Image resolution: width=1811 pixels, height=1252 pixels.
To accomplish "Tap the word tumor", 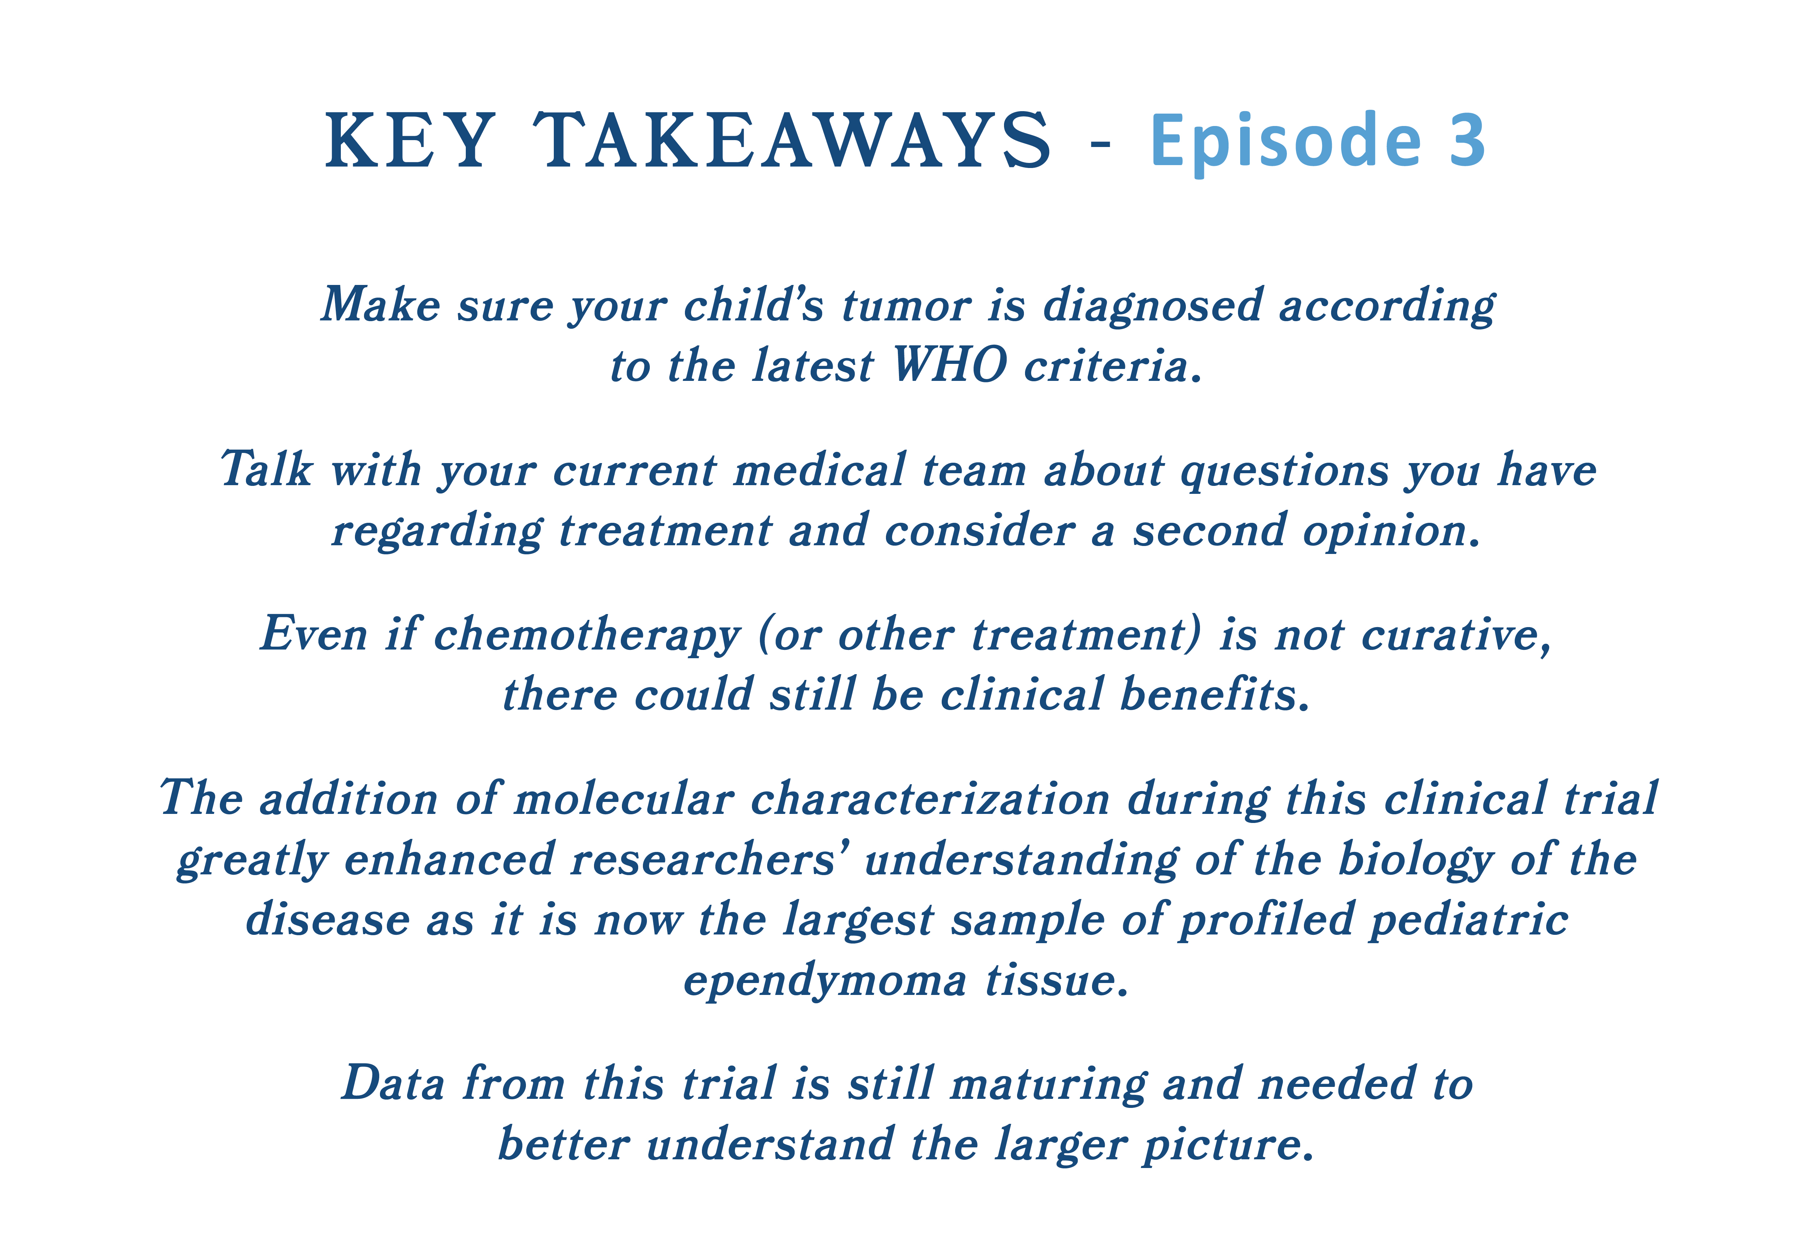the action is coord(906,306).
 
